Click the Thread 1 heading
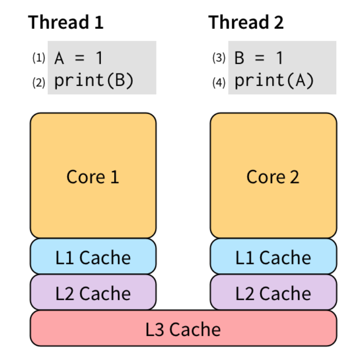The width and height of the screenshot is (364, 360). pyautogui.click(x=66, y=22)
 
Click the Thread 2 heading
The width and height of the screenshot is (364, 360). pyautogui.click(x=246, y=22)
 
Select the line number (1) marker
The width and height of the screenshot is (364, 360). pyautogui.click(x=39, y=58)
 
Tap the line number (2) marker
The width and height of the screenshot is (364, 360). pyautogui.click(x=39, y=82)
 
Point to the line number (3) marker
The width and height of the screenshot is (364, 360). pyautogui.click(x=219, y=58)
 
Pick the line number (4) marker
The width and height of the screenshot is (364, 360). pyautogui.click(x=219, y=82)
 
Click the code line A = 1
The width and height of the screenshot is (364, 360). pyautogui.click(x=78, y=58)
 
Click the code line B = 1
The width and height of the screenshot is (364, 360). pyautogui.click(x=259, y=58)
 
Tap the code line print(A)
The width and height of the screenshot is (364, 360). pyautogui.click(x=274, y=81)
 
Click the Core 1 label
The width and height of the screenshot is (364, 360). pyautogui.click(x=93, y=176)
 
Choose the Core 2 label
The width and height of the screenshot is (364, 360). pyautogui.click(x=273, y=176)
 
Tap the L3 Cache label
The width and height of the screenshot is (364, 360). pyautogui.click(x=183, y=329)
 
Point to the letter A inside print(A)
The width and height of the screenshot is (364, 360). pyautogui.click(x=298, y=81)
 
